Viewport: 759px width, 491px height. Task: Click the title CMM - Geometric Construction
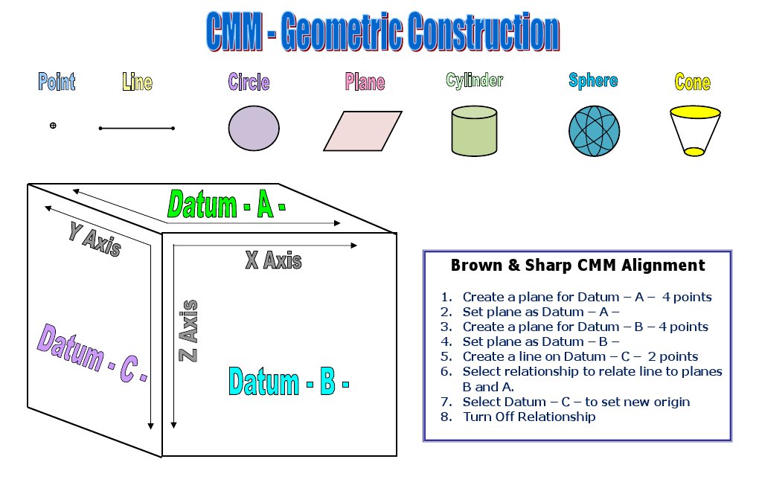tap(382, 33)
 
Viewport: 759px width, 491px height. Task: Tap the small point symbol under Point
tap(53, 126)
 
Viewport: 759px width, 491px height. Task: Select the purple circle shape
tap(254, 128)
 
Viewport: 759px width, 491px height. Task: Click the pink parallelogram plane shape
tap(362, 131)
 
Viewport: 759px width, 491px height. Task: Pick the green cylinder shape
tap(474, 131)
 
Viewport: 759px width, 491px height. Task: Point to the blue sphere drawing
tap(593, 131)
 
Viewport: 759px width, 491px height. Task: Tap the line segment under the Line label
tap(137, 129)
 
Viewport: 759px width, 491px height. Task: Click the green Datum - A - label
tap(226, 205)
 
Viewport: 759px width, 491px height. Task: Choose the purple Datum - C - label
tap(92, 353)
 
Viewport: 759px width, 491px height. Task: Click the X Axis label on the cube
tap(273, 260)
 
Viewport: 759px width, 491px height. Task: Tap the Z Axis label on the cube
tap(190, 331)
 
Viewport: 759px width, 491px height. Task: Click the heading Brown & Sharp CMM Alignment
tap(577, 266)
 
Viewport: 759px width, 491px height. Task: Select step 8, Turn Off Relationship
tap(528, 417)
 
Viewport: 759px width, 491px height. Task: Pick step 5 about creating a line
tap(580, 356)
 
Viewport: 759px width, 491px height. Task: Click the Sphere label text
tap(593, 80)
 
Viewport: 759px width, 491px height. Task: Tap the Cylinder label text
tap(474, 80)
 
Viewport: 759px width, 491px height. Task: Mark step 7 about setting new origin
tap(575, 402)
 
